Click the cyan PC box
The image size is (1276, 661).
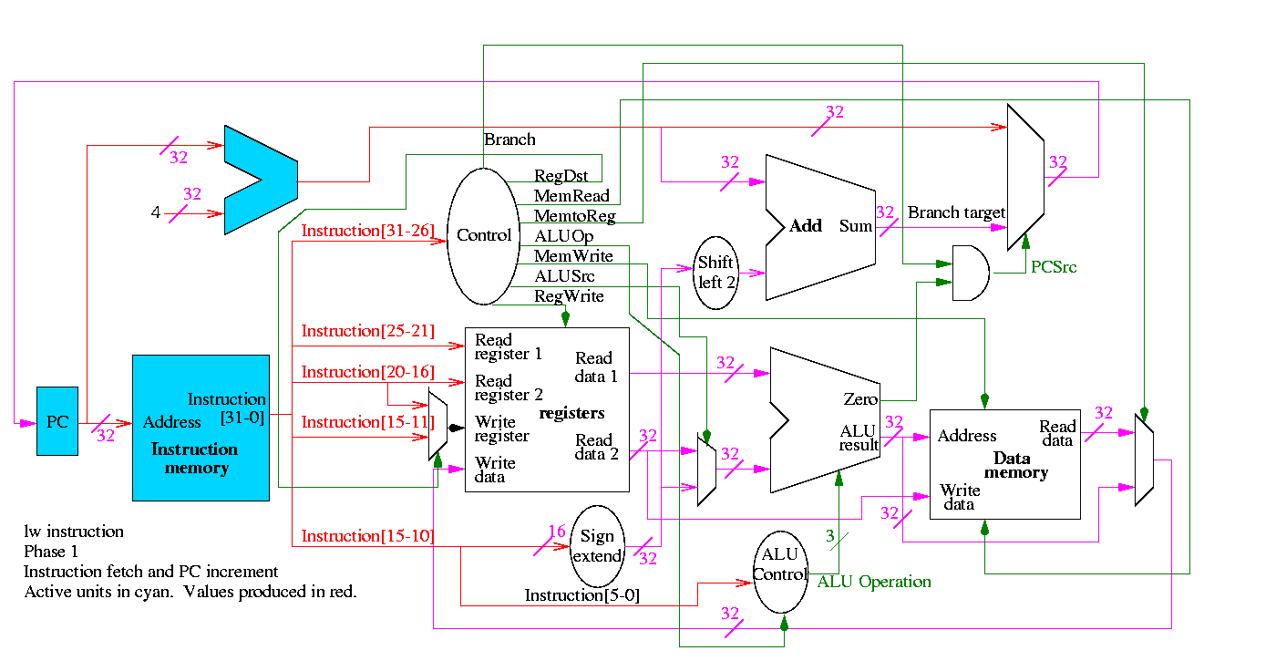click(57, 421)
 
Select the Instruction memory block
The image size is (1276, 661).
click(201, 428)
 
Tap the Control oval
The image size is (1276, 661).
click(482, 235)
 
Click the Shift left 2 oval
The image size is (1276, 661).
click(715, 272)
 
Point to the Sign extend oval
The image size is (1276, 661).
click(597, 546)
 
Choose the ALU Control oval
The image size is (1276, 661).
click(780, 572)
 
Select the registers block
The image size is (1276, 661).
click(547, 410)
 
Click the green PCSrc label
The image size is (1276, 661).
click(1054, 267)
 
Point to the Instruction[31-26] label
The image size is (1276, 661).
click(368, 231)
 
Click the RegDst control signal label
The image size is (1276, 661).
click(561, 176)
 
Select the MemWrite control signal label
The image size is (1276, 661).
click(573, 256)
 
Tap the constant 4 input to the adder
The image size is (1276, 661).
click(156, 213)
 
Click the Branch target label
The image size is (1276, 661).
click(956, 212)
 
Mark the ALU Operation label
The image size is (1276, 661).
click(874, 582)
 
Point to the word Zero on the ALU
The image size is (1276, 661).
click(860, 399)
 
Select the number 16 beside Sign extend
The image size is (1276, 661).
click(557, 532)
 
